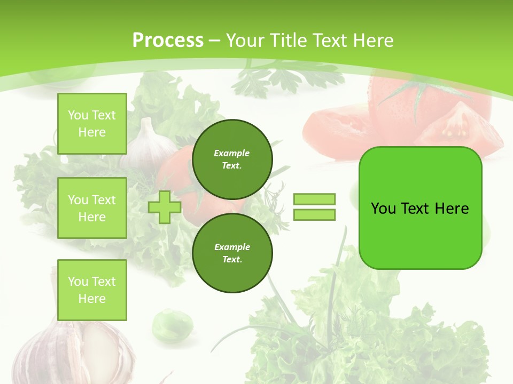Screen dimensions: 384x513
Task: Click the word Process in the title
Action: pyautogui.click(x=168, y=41)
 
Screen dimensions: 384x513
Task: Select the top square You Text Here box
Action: pyautogui.click(x=92, y=124)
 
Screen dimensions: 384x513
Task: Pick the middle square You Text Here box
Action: pyautogui.click(x=92, y=208)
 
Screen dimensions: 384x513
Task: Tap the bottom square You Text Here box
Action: pyautogui.click(x=92, y=290)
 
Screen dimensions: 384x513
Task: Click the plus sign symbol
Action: pyautogui.click(x=164, y=207)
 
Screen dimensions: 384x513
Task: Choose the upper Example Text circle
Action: pyautogui.click(x=232, y=159)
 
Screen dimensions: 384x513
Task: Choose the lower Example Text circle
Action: pyautogui.click(x=232, y=253)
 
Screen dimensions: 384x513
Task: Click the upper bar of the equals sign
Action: pyautogui.click(x=314, y=199)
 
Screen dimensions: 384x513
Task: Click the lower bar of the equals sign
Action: pyautogui.click(x=314, y=215)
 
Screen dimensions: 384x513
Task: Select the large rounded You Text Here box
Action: pyautogui.click(x=420, y=208)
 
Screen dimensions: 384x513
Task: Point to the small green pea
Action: pyautogui.click(x=172, y=324)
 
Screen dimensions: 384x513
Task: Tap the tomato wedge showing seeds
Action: pyautogui.click(x=460, y=128)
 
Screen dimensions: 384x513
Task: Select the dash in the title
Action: pyautogui.click(x=215, y=41)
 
